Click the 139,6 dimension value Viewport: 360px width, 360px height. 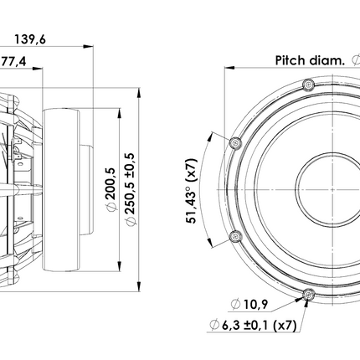click(30, 39)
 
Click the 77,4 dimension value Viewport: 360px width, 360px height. click(13, 61)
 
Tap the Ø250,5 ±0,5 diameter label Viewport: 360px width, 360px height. click(131, 189)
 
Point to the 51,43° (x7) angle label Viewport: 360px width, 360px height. click(192, 191)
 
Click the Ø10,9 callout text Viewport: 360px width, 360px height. click(249, 304)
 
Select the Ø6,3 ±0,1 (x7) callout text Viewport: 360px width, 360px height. click(253, 325)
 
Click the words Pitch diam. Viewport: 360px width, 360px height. click(310, 60)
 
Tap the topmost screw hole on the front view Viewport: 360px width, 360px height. click(309, 85)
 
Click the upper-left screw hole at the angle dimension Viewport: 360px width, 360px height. click(235, 143)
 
